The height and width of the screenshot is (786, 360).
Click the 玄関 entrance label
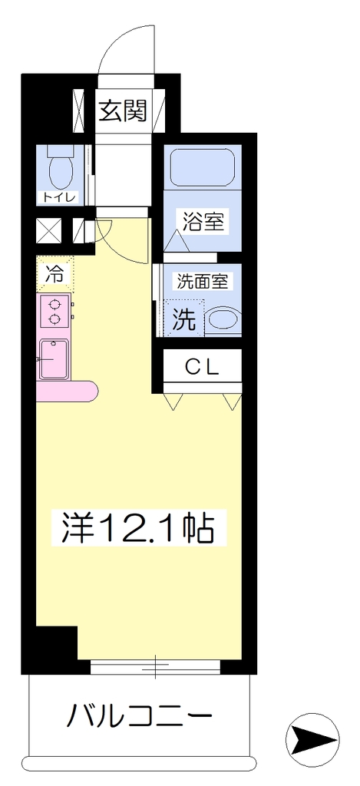pos(123,111)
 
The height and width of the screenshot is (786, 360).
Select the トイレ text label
pos(58,197)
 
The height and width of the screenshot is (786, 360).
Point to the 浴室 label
pos(203,221)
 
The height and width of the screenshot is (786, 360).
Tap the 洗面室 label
pos(203,282)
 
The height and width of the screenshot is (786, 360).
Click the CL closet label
pos(203,368)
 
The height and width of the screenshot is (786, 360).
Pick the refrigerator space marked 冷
pos(54,274)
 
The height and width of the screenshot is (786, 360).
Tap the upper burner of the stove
pos(54,304)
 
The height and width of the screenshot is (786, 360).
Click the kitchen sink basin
pos(54,359)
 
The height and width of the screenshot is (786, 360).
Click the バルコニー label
pos(140,716)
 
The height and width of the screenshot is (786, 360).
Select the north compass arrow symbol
pos(312,738)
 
